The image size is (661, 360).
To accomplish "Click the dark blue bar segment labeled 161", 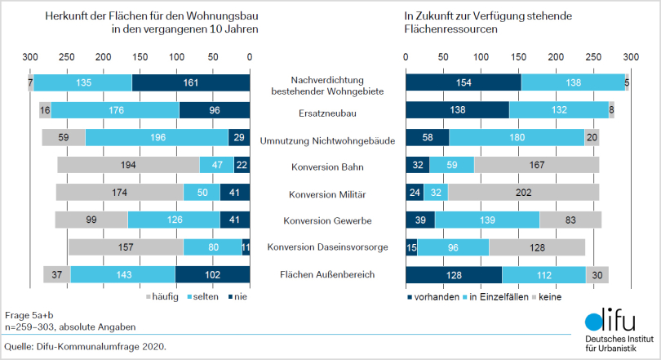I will [x=190, y=83].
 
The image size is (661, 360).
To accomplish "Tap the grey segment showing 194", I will [x=128, y=164].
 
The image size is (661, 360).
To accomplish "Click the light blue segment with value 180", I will [x=517, y=137].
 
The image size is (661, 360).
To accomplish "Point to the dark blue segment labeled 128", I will [x=454, y=274].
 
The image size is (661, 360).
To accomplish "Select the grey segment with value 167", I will [x=536, y=164].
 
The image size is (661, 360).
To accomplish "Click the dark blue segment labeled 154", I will [x=464, y=83].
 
